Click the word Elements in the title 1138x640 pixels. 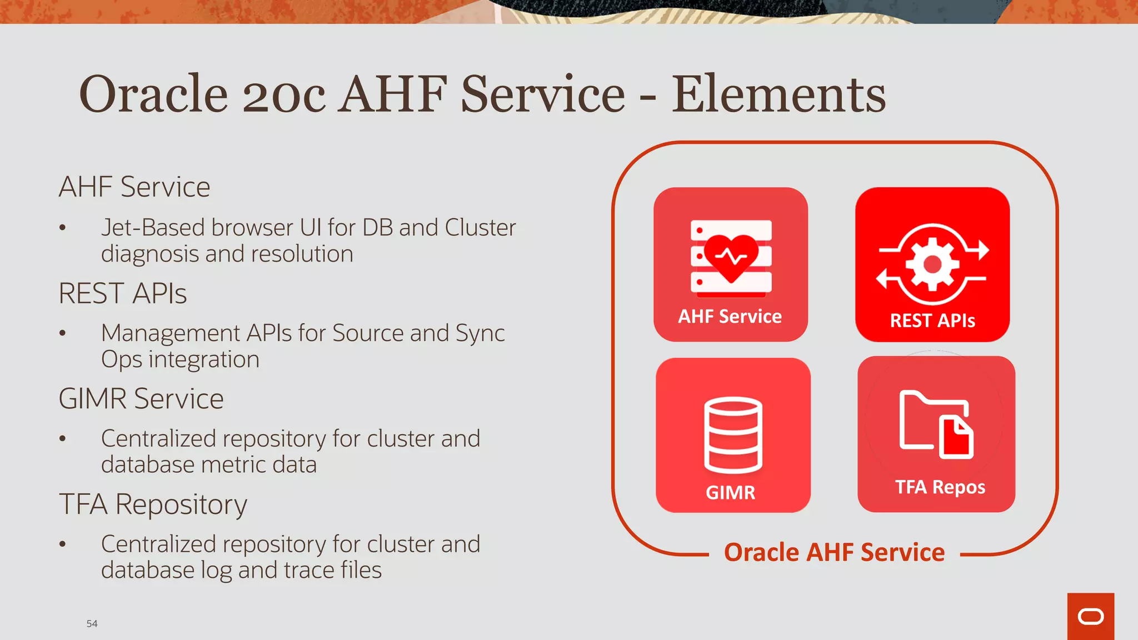(x=778, y=94)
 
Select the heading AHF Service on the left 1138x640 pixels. (x=134, y=187)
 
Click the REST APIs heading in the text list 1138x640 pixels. (x=123, y=293)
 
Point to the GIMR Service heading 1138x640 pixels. (x=141, y=399)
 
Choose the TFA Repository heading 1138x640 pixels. (x=153, y=504)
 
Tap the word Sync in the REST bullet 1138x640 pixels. (x=480, y=333)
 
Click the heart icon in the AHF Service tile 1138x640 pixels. (x=731, y=257)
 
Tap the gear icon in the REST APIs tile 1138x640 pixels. (x=932, y=264)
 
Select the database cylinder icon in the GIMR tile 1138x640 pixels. (x=733, y=435)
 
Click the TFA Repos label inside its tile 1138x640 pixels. (x=940, y=487)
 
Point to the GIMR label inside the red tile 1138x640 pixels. (x=730, y=493)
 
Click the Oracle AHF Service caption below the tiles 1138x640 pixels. (x=834, y=553)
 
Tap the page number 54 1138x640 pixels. (x=92, y=624)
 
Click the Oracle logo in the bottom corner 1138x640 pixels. (x=1090, y=617)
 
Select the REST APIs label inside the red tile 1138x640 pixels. (x=932, y=321)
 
